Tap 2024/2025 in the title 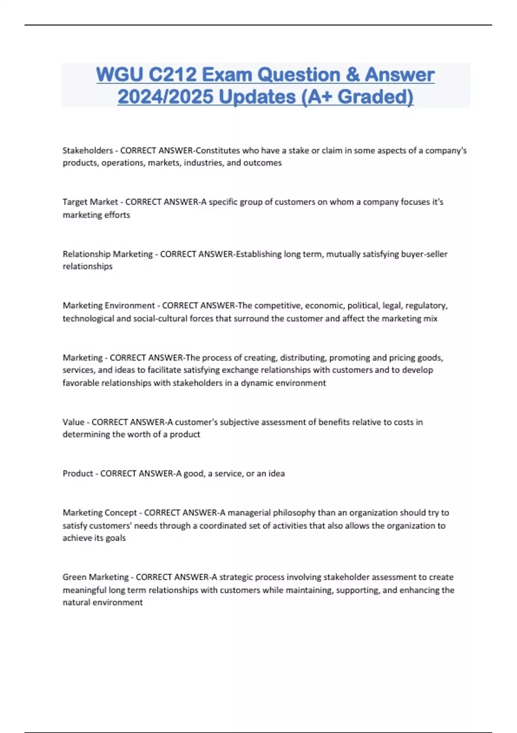(165, 97)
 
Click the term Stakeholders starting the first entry (87, 150)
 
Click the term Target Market (90, 202)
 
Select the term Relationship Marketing (107, 254)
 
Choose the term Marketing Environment (109, 306)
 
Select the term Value (73, 422)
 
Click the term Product (78, 473)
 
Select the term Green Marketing (96, 577)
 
